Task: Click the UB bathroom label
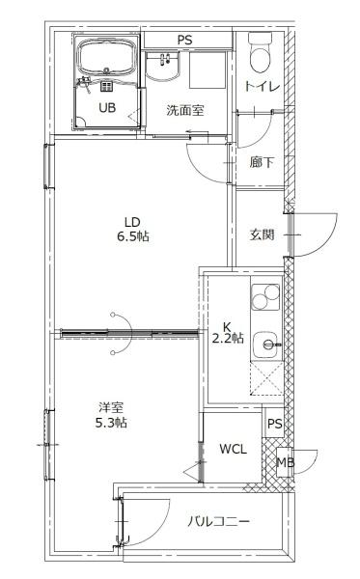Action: (106, 108)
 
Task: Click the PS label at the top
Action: (184, 40)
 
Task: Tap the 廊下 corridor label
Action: (262, 162)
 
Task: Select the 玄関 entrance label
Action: (262, 234)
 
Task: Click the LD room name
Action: (132, 219)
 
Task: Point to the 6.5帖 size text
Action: (132, 235)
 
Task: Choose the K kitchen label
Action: (228, 325)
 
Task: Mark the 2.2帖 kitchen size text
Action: (228, 339)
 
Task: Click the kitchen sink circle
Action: (270, 342)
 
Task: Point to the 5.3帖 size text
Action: (112, 424)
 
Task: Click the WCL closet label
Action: (232, 449)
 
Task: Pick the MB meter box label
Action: (285, 462)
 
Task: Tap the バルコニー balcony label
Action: (219, 522)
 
